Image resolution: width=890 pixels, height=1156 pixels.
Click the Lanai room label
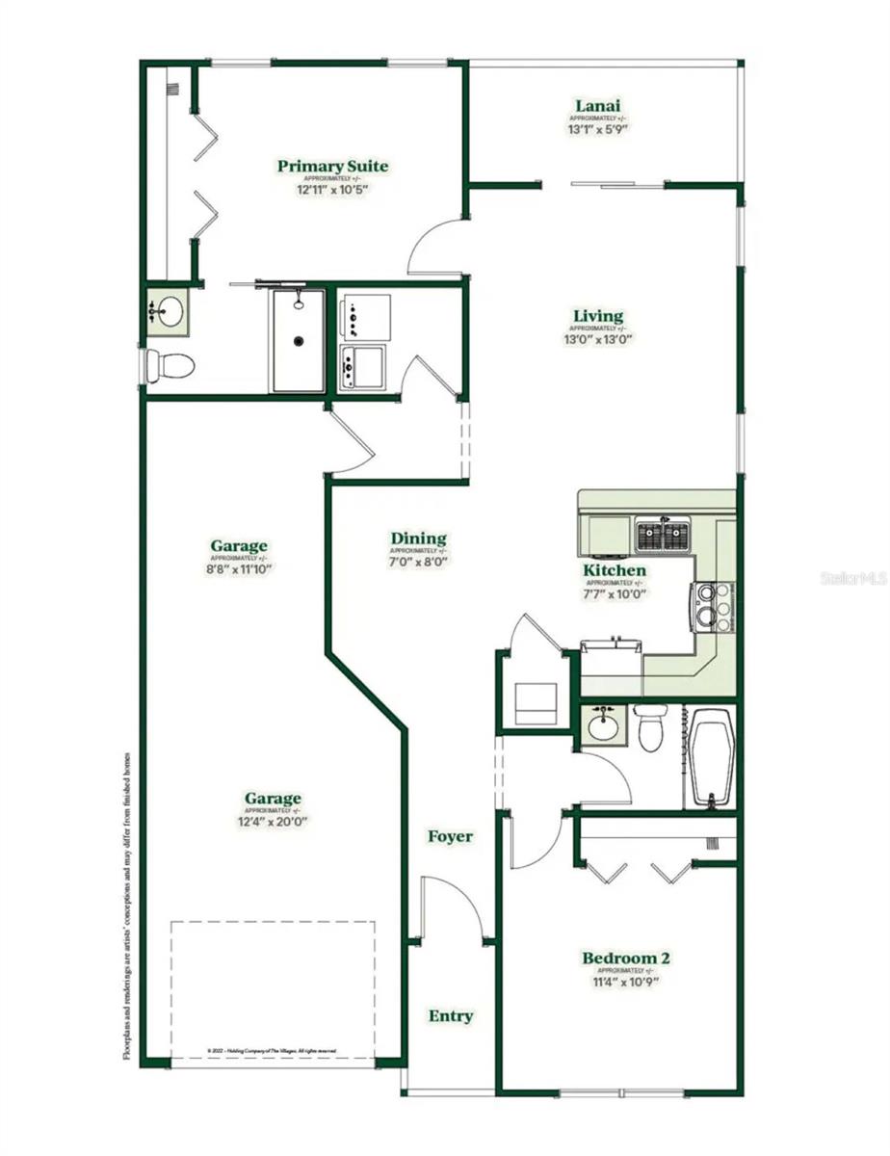click(x=597, y=106)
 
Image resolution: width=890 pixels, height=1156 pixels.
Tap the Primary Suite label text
click(x=332, y=167)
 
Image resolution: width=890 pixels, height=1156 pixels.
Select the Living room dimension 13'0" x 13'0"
click(x=598, y=338)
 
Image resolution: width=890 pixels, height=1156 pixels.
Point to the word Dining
click(x=418, y=539)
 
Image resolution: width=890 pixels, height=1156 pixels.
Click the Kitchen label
click(x=614, y=570)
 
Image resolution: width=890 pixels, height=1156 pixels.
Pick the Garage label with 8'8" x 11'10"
click(x=239, y=547)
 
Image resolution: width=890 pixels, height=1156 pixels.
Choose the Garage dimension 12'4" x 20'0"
click(x=273, y=822)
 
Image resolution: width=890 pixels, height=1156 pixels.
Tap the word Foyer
click(x=450, y=836)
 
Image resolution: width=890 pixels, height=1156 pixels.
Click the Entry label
click(x=451, y=1016)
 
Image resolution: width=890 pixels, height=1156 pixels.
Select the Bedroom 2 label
click(x=625, y=958)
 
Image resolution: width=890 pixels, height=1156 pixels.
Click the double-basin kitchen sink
click(x=663, y=535)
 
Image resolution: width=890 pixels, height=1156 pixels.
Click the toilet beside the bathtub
click(x=651, y=727)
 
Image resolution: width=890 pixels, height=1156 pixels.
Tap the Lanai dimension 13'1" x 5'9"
click(x=597, y=128)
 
